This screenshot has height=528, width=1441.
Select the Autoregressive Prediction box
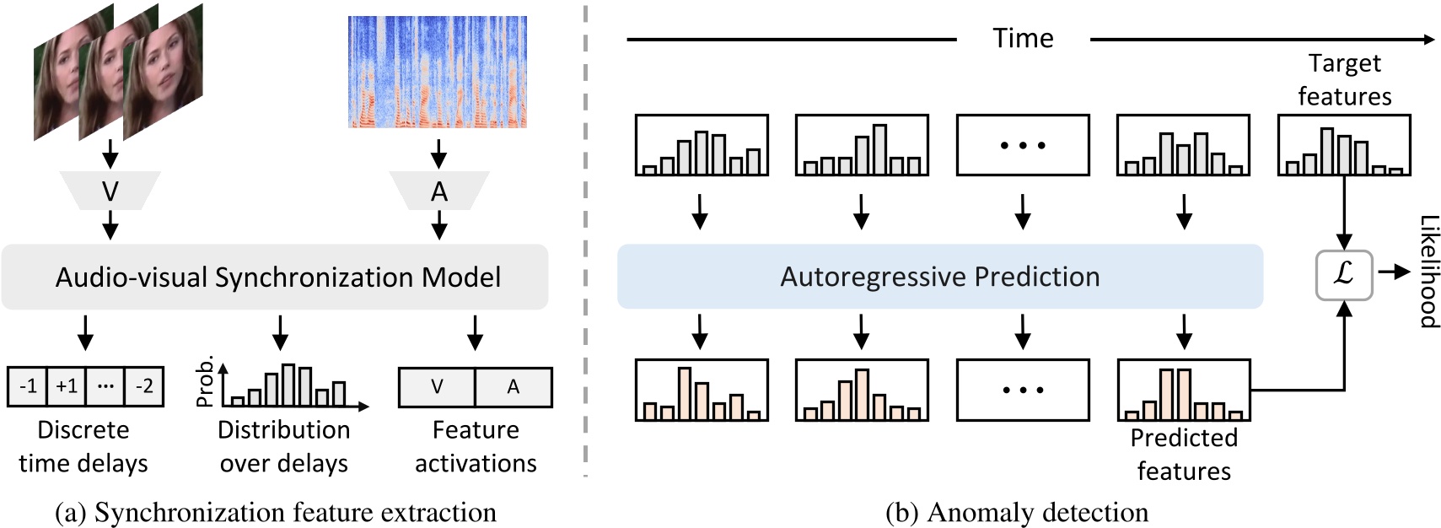point(939,277)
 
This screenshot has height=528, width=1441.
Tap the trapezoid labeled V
point(110,191)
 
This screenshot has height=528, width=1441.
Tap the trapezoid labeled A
point(438,191)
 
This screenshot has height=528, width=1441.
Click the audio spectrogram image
point(437,72)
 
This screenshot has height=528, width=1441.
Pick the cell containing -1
point(28,386)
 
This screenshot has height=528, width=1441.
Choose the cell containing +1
point(67,386)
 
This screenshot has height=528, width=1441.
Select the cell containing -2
point(144,386)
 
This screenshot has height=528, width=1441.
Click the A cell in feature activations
point(513,387)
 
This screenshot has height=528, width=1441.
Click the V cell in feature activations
point(437,387)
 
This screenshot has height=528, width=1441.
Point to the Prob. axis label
point(205,381)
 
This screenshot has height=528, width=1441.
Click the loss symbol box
point(1344,274)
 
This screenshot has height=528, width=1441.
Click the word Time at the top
point(1023,39)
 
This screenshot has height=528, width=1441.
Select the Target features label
point(1344,79)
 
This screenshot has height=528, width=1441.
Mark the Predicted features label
point(1184,454)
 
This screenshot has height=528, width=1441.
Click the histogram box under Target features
point(1344,145)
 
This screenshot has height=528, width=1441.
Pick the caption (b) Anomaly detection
point(1017,512)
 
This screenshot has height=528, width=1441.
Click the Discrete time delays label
point(83,446)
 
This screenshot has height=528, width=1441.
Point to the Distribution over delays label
point(283,446)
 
